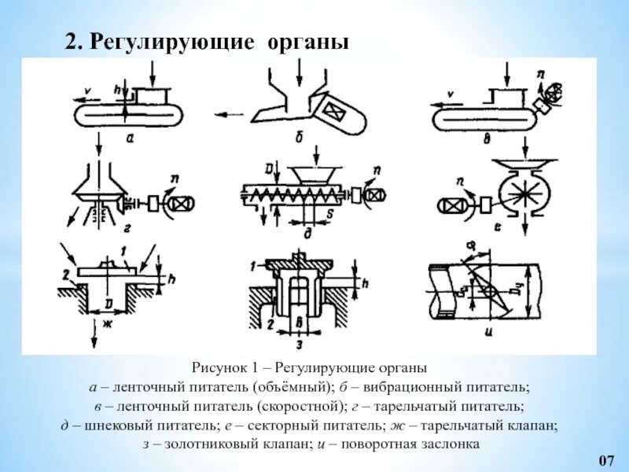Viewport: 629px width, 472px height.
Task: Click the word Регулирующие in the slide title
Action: click(171, 42)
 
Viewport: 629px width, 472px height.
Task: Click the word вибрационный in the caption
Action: click(396, 387)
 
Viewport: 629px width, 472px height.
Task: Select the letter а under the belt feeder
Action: click(129, 136)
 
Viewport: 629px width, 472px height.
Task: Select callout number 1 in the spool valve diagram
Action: click(251, 267)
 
